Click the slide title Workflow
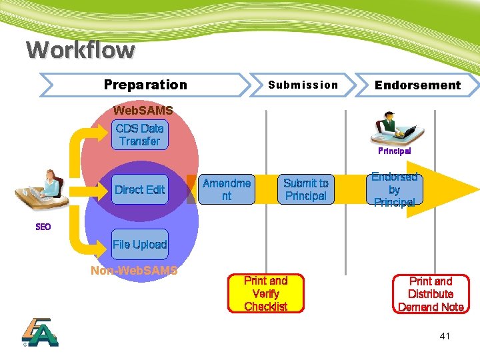(x=80, y=49)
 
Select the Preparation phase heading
(x=145, y=85)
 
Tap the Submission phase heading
(x=303, y=85)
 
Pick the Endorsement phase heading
(x=417, y=85)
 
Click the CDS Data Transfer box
(x=139, y=135)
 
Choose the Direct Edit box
(x=139, y=189)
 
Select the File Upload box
(x=139, y=245)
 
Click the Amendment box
(x=227, y=189)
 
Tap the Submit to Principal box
(x=305, y=189)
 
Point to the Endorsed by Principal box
(x=394, y=189)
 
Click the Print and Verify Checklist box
(x=265, y=294)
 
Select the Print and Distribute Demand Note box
(x=430, y=294)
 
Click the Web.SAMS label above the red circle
(x=143, y=110)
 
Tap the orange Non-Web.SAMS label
(x=134, y=270)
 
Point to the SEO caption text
(x=43, y=227)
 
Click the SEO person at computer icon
(x=40, y=190)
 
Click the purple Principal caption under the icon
(x=395, y=151)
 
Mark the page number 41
(x=445, y=336)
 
